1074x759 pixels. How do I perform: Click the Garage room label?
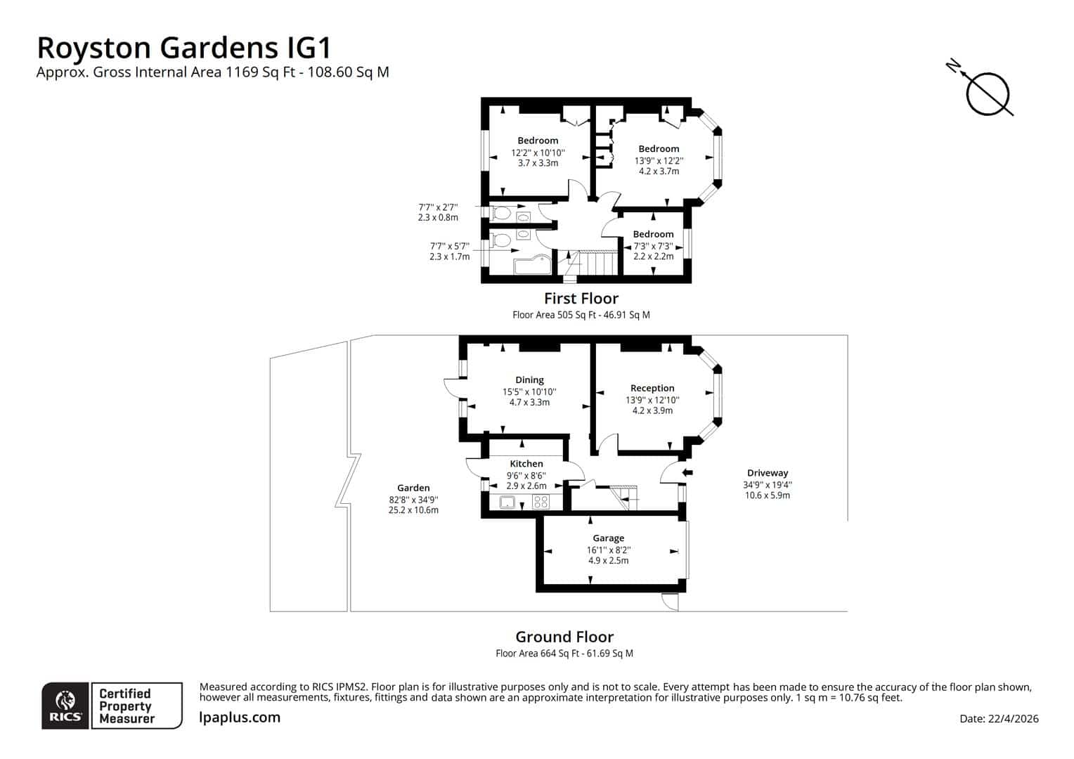608,538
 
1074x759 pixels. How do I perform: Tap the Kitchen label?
526,464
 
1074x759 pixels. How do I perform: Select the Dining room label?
529,379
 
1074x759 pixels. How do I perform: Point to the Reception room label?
652,388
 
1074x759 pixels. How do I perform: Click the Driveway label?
767,473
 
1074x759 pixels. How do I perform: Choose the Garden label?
413,488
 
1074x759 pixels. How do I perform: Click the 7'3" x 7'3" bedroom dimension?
653,246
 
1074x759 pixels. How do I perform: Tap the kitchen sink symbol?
507,502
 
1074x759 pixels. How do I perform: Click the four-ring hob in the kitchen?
541,502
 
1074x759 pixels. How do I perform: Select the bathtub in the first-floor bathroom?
533,264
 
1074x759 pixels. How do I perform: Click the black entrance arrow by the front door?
687,473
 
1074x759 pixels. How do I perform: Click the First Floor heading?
581,298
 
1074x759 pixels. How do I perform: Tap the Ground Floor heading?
564,637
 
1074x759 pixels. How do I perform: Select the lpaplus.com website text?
240,718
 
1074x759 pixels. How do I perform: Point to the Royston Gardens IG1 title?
184,48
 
